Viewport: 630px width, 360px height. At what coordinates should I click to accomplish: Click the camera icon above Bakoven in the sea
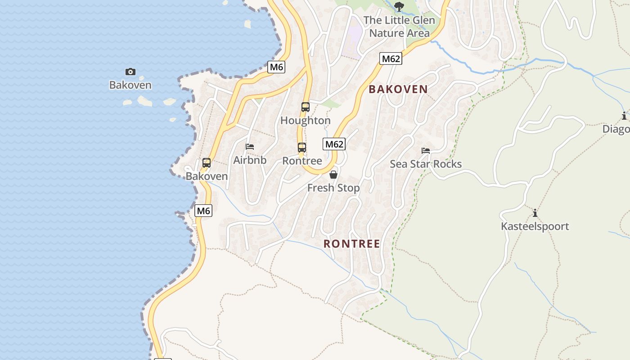point(130,72)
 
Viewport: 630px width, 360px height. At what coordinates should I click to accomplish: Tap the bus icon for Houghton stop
point(306,107)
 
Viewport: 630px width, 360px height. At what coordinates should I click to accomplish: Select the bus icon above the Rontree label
point(302,148)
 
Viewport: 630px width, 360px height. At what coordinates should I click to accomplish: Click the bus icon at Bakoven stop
point(207,163)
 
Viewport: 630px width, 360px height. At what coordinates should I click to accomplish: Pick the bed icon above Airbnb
point(250,147)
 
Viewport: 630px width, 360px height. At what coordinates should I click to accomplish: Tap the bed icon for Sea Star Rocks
point(426,150)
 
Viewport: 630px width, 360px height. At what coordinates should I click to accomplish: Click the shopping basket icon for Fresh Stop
point(333,175)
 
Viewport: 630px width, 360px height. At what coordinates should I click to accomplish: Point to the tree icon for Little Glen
point(399,6)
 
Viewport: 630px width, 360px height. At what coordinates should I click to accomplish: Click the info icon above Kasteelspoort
point(535,213)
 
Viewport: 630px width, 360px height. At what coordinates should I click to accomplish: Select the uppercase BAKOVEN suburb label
point(398,89)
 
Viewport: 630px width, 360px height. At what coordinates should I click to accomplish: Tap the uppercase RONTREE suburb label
point(352,244)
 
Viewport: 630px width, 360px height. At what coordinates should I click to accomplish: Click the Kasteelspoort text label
point(535,226)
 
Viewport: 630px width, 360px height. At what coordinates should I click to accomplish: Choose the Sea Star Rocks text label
point(426,164)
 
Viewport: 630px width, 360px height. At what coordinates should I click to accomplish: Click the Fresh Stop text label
point(333,188)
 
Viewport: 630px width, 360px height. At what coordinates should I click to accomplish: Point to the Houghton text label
point(306,121)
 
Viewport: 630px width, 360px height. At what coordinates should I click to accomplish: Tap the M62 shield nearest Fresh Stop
point(334,144)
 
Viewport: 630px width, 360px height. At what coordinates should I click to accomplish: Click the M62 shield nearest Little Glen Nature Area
point(390,58)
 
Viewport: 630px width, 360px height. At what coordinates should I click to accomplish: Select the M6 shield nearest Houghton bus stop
point(276,67)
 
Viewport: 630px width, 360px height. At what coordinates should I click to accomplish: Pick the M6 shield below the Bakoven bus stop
point(203,210)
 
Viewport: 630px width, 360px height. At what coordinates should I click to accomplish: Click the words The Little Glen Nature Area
point(399,27)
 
